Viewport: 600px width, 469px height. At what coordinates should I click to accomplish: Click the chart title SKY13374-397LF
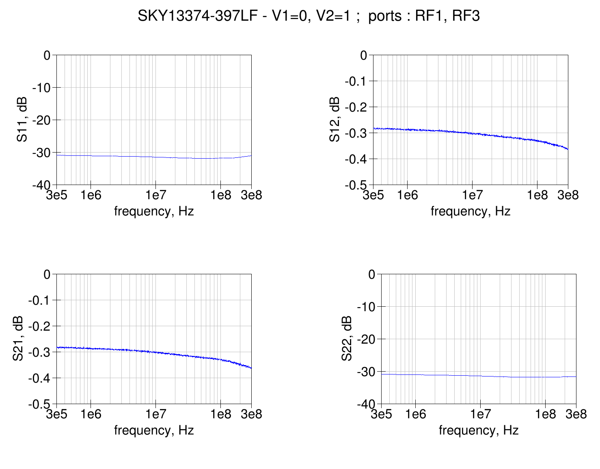coord(309,16)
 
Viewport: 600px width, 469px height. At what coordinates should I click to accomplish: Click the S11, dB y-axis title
coord(22,120)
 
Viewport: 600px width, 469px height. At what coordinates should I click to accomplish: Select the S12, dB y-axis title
coord(334,120)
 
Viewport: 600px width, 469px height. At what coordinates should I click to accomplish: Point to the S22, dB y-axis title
coord(346,339)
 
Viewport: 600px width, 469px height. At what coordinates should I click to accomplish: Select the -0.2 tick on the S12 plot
coord(356,107)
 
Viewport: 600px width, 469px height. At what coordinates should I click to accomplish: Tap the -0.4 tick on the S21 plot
coord(39,378)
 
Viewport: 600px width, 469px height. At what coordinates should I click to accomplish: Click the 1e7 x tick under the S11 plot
coord(155,196)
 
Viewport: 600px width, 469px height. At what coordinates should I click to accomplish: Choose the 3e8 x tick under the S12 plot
coord(568,196)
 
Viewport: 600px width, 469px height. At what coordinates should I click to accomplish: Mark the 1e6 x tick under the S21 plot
coord(91,415)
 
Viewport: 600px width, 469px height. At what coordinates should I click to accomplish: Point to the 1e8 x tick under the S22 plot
coord(545,415)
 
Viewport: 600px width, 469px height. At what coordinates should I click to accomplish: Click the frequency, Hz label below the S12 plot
coord(470,211)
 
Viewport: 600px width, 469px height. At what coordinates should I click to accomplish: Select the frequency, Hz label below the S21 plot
coord(153,430)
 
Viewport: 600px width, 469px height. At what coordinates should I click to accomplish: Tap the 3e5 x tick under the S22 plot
coord(381,415)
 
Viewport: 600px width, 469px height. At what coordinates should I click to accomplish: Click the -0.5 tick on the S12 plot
coord(356,185)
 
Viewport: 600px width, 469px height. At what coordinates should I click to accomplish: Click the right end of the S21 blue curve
coord(251,368)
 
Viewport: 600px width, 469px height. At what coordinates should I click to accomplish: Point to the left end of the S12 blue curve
coord(374,128)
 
